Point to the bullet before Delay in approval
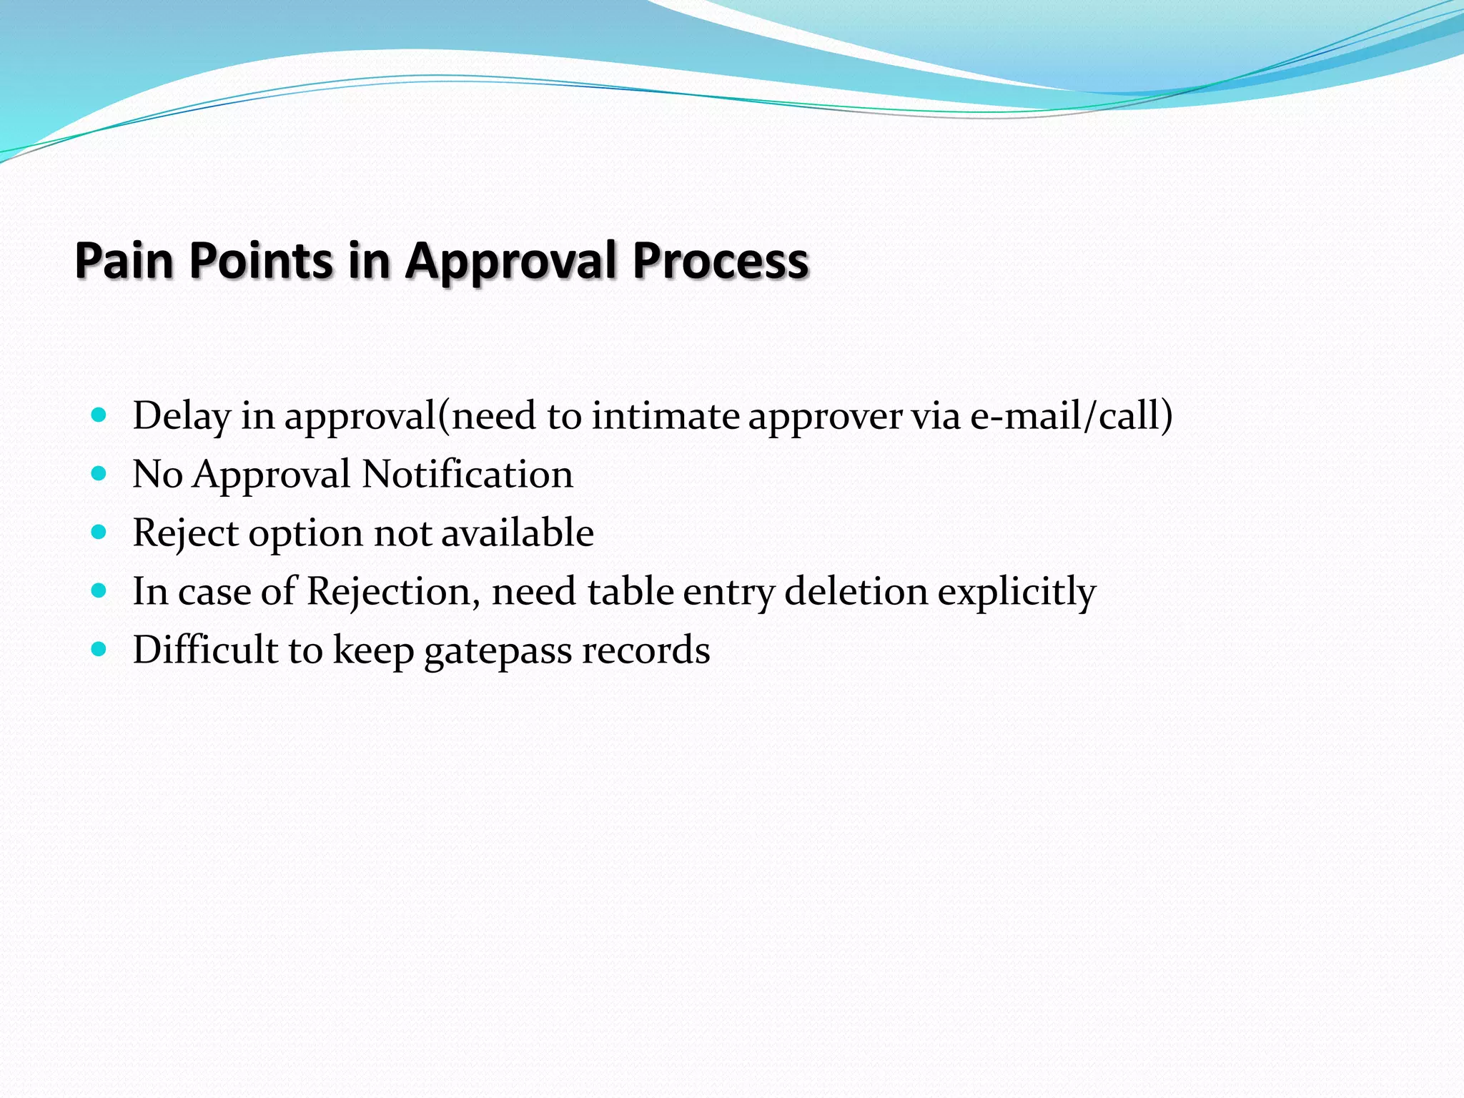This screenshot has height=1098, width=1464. tap(99, 415)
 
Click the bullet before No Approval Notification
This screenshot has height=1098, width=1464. tap(99, 473)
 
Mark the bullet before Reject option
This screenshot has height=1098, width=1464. tap(99, 532)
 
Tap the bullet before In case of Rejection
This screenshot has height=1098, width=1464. tap(99, 590)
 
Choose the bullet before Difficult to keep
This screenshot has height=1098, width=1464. tap(99, 649)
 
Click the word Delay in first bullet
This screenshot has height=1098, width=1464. tap(182, 416)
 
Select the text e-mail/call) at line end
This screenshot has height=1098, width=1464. tap(1071, 416)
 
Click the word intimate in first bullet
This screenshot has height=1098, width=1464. tap(665, 416)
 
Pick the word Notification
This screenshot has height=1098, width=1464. tap(468, 475)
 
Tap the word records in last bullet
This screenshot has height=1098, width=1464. tap(646, 651)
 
